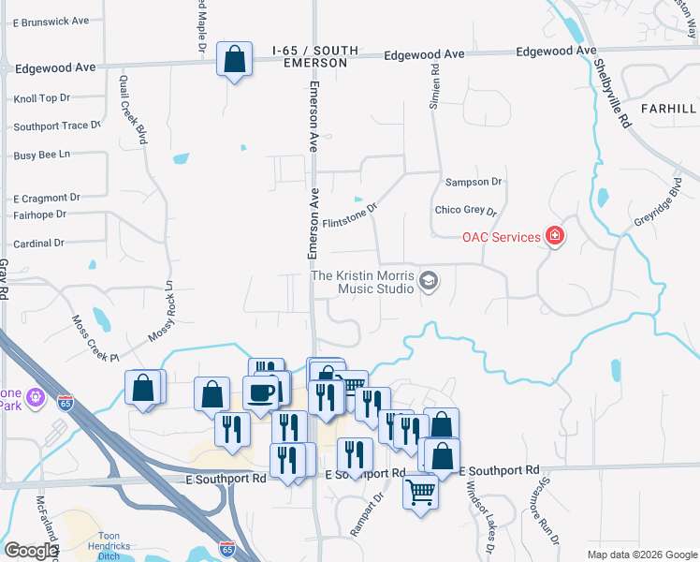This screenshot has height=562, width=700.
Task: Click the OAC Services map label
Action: [501, 237]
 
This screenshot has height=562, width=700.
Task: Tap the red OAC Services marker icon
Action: [555, 235]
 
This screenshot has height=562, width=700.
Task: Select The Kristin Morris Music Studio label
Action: [363, 282]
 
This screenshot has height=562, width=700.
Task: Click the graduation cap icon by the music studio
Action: [429, 281]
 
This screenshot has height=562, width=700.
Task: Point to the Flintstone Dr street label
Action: [349, 216]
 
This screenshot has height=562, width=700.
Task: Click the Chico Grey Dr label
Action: [465, 210]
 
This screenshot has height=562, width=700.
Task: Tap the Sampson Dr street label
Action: [474, 182]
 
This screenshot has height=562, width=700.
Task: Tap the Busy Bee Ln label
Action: [41, 155]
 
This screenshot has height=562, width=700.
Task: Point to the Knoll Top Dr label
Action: [42, 98]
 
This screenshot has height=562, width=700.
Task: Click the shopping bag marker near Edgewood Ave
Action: [234, 60]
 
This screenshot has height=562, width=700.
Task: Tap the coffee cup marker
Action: [261, 392]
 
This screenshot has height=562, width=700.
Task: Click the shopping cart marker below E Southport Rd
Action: [420, 490]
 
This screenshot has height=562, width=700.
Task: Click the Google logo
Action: [30, 551]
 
